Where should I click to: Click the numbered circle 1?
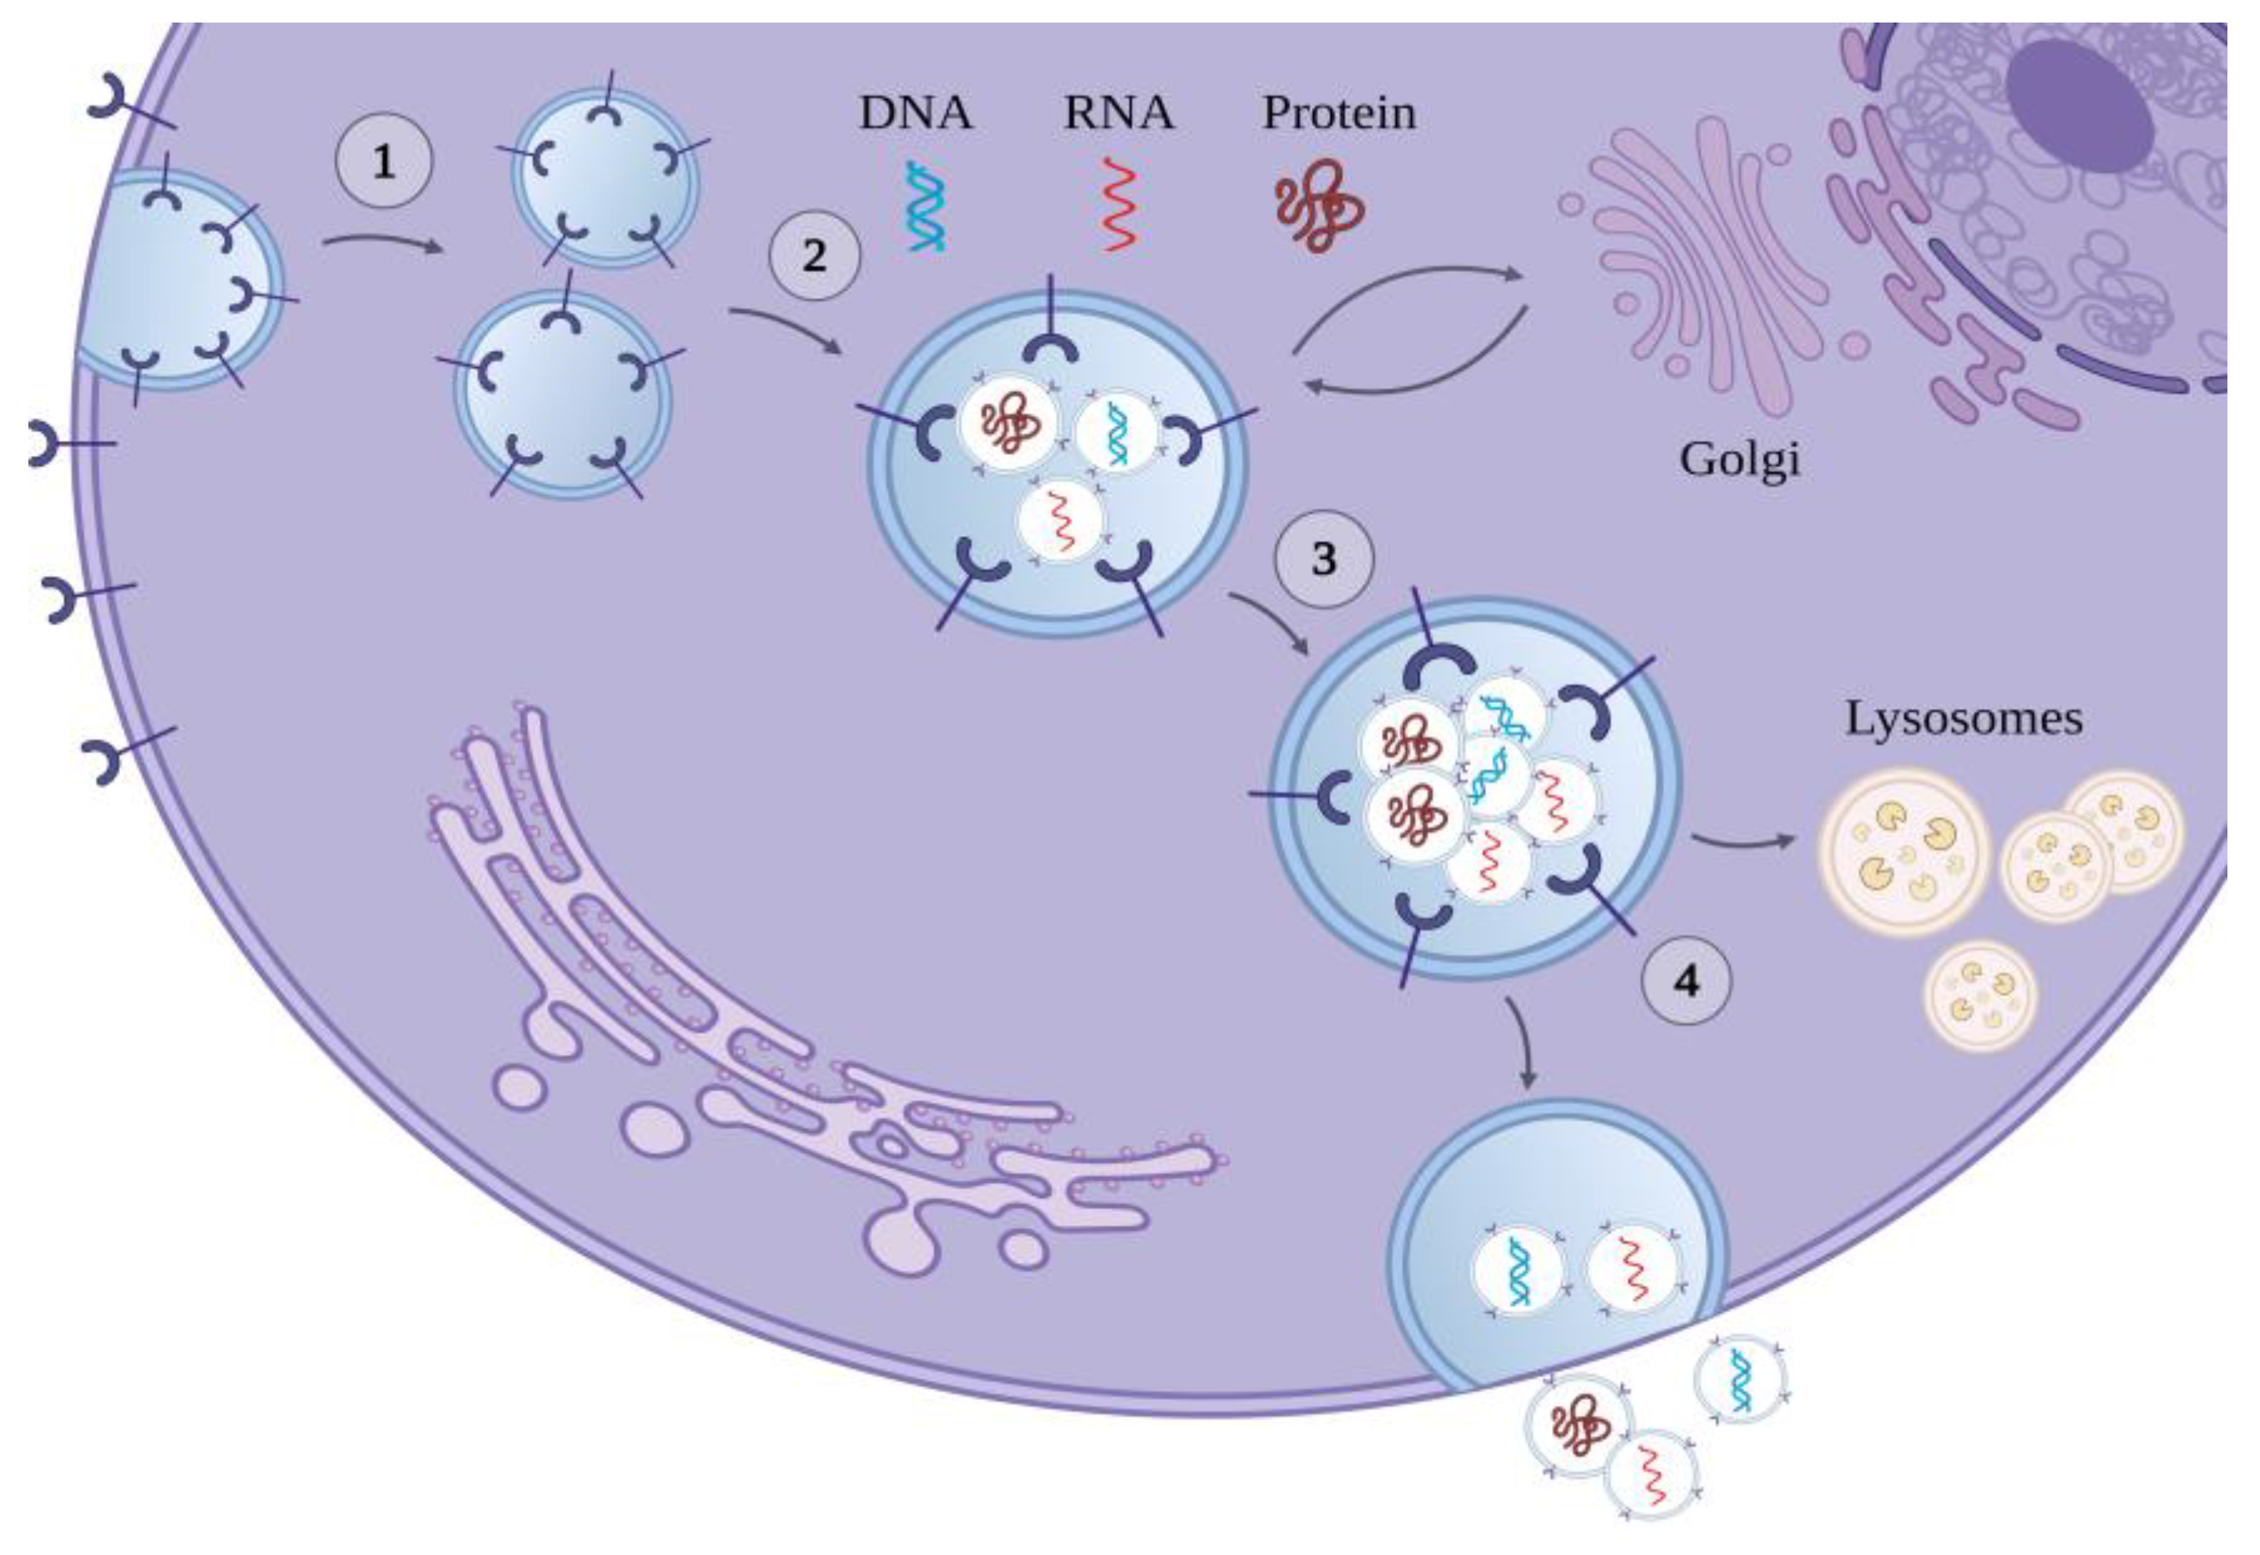(x=383, y=162)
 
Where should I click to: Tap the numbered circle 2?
(x=815, y=255)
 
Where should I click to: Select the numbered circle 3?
(x=1323, y=559)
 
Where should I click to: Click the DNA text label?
(x=915, y=113)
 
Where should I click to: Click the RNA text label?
(x=1119, y=113)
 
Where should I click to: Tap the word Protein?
(x=1339, y=113)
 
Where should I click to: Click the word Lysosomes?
(x=1964, y=719)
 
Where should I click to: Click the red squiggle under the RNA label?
(x=1120, y=206)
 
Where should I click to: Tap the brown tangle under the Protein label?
(x=1317, y=206)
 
